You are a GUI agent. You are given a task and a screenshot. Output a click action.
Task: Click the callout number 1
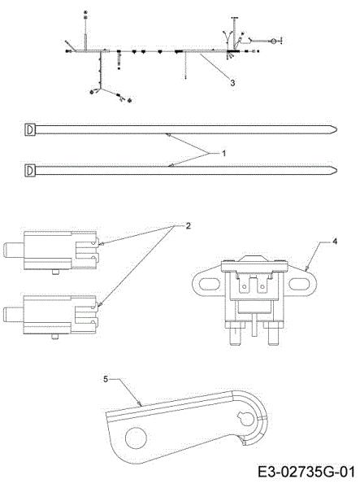click(223, 154)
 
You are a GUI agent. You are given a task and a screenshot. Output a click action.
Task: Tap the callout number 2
click(188, 226)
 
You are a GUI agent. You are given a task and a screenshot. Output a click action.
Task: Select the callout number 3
click(232, 83)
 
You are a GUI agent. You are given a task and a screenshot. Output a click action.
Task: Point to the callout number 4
click(335, 242)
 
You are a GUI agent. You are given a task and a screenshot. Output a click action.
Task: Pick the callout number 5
click(106, 379)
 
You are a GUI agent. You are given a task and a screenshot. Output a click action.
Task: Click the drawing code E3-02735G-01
click(306, 472)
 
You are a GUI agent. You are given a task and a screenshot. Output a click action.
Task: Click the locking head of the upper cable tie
click(30, 129)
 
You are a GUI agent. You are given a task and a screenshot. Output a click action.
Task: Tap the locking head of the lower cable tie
click(30, 170)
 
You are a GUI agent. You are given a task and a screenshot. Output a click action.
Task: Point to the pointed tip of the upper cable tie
click(337, 129)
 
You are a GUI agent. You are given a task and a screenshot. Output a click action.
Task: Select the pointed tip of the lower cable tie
click(337, 170)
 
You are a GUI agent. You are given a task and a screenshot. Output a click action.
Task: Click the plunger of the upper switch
click(13, 251)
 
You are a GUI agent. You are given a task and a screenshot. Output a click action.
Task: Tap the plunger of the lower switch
click(13, 314)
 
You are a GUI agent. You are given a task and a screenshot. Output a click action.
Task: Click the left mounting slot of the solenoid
click(207, 284)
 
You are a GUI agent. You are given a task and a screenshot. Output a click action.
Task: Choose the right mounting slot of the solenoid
click(299, 284)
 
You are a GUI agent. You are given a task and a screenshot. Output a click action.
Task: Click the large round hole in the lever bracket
click(136, 438)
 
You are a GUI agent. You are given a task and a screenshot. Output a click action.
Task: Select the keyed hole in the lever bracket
click(246, 418)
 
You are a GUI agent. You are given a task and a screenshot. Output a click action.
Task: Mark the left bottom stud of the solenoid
click(236, 333)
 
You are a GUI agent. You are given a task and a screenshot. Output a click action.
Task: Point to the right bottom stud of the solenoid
click(274, 333)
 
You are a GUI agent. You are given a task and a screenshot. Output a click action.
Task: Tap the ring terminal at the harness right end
click(273, 41)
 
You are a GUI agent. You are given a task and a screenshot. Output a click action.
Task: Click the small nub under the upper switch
click(55, 272)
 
